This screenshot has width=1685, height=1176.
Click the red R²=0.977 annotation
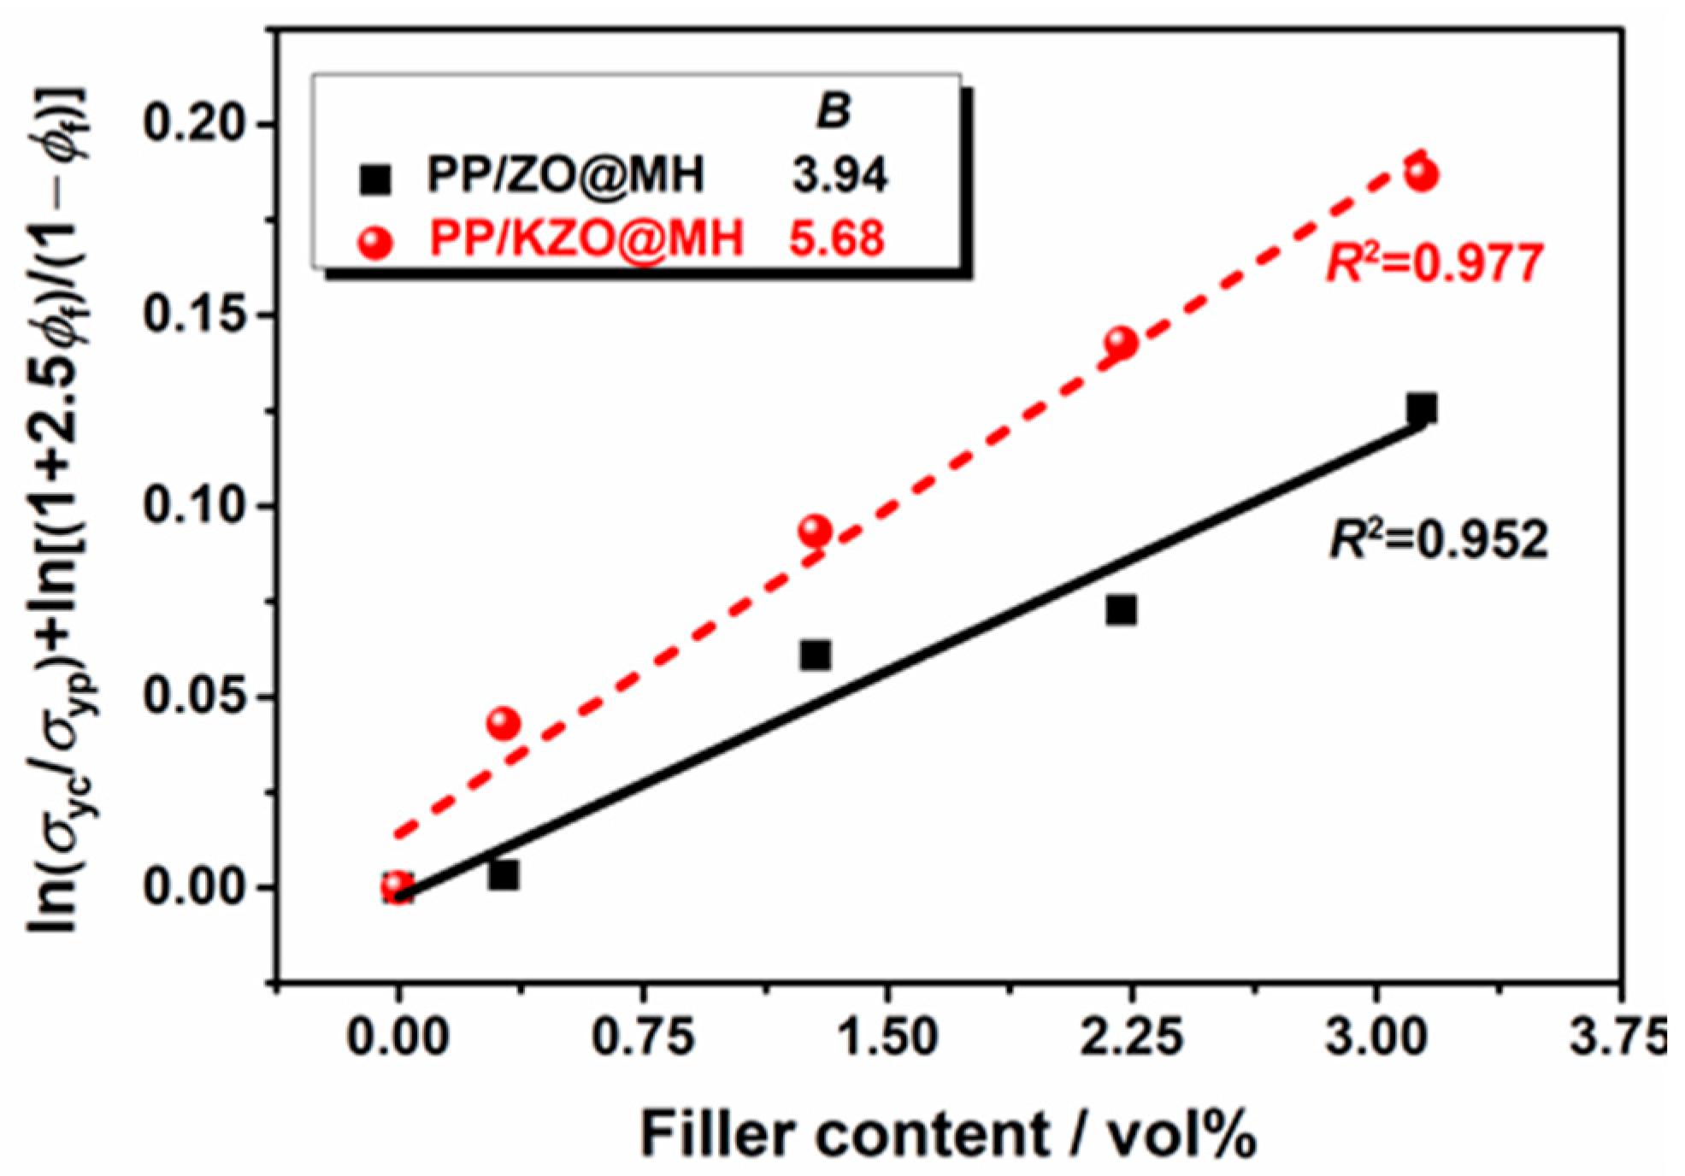1435,263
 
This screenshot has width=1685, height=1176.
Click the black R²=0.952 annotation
1438,540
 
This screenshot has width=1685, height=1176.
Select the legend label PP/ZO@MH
565,175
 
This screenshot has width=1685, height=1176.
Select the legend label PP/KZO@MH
586,238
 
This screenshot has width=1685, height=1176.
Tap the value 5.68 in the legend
836,238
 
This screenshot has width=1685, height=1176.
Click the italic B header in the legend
833,111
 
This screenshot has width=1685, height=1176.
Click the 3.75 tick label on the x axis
1617,1038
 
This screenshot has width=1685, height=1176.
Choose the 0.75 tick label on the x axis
642,1038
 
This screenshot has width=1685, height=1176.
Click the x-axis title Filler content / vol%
948,1133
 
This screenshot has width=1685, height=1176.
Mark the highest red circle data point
1422,174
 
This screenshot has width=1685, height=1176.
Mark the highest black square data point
1422,409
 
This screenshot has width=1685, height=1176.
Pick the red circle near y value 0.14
1121,343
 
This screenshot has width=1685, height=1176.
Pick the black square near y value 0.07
1121,610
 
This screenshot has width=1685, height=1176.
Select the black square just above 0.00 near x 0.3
504,875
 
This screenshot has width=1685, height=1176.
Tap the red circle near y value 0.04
504,724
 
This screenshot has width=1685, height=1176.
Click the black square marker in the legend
375,179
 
